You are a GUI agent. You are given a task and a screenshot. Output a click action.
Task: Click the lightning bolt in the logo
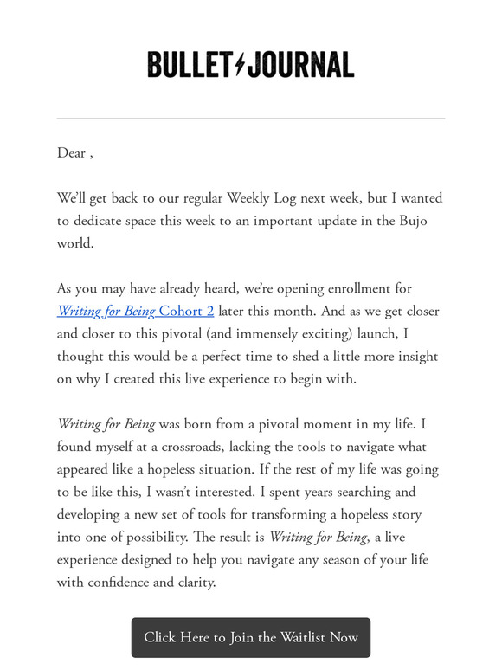[240, 64]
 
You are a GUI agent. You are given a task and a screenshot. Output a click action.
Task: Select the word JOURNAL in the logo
[300, 64]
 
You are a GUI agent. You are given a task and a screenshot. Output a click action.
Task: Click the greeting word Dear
[71, 153]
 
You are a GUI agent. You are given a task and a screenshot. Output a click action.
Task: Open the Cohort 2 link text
[186, 312]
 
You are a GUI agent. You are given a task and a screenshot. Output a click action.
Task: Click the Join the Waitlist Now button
[251, 637]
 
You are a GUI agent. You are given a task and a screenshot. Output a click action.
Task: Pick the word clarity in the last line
[191, 583]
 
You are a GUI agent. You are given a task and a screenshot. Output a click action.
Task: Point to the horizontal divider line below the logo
[251, 119]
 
